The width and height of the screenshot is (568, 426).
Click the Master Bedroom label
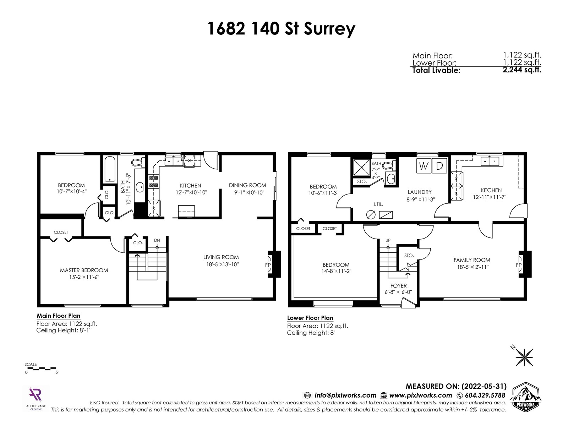(x=84, y=270)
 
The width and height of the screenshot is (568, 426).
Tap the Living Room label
(x=221, y=257)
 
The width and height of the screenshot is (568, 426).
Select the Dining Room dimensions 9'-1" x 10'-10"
(x=247, y=192)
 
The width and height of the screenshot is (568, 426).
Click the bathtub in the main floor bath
(x=110, y=169)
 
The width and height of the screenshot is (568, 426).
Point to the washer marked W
(x=424, y=166)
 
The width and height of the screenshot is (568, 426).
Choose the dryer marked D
(x=439, y=166)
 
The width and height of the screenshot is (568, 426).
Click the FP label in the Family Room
(x=519, y=265)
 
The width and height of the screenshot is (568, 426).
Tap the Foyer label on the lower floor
(x=399, y=286)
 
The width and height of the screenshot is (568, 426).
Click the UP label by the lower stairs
(x=388, y=240)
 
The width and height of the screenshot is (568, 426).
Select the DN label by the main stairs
(x=157, y=240)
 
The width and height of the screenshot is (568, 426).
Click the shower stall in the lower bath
(x=361, y=167)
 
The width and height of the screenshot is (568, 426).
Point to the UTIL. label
(x=378, y=204)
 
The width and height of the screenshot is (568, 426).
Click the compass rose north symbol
(x=524, y=357)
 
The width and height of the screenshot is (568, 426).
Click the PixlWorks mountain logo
(x=526, y=396)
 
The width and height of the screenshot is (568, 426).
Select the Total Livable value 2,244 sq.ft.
(x=522, y=70)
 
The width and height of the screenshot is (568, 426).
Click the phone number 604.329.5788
(x=485, y=395)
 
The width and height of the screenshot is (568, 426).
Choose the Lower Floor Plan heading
(x=310, y=318)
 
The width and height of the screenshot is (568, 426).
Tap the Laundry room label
(x=420, y=192)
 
